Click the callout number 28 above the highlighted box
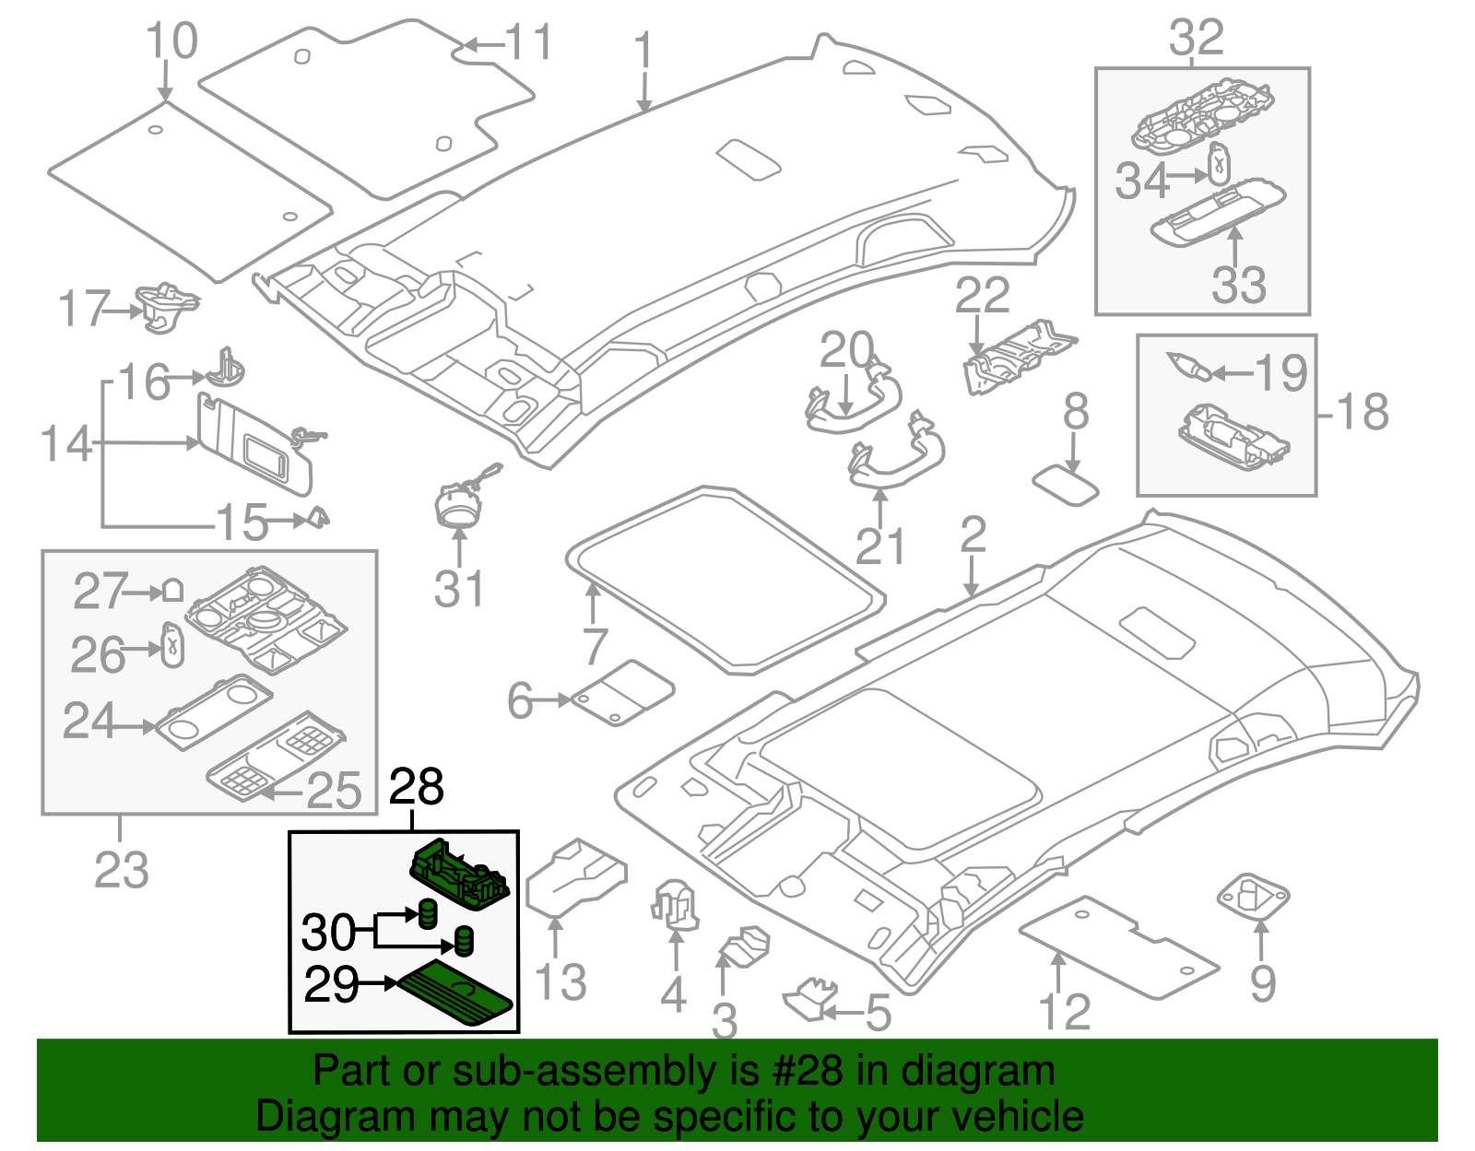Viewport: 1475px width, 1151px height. tap(417, 788)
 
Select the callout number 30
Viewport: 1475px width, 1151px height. tap(328, 933)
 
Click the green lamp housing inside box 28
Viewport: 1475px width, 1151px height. tap(458, 870)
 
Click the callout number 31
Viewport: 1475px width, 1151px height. tap(458, 590)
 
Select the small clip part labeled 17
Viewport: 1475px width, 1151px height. tap(166, 303)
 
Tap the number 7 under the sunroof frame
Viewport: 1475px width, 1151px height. tap(595, 645)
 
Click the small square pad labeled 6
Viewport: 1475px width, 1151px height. tap(623, 692)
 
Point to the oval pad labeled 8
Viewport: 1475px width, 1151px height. tap(1066, 485)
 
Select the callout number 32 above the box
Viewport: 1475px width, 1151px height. tap(1197, 39)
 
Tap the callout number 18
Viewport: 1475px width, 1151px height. tap(1363, 412)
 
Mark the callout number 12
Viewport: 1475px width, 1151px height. tap(1065, 1012)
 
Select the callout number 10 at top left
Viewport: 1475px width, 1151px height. tap(171, 41)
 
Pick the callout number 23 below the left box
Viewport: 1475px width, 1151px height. tap(121, 869)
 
